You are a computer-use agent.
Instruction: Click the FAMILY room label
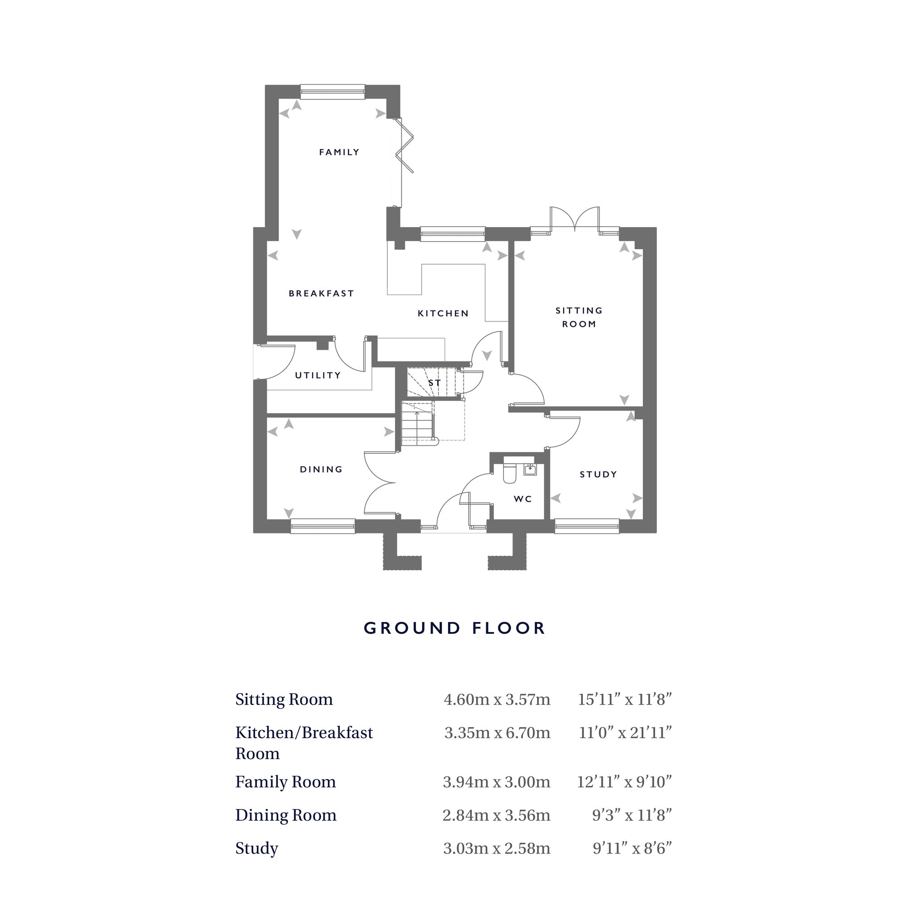[x=339, y=152]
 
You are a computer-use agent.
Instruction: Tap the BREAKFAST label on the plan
[x=321, y=293]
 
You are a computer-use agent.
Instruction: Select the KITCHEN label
[x=443, y=313]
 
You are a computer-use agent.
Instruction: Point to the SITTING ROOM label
[x=578, y=317]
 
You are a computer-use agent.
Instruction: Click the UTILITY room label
[x=318, y=375]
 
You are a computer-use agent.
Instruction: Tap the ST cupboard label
[x=434, y=383]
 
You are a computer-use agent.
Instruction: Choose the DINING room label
[x=321, y=469]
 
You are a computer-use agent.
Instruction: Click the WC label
[x=523, y=498]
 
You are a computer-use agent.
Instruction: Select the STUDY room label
[x=598, y=474]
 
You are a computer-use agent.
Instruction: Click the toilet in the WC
[x=509, y=473]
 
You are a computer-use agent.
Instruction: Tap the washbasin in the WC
[x=530, y=469]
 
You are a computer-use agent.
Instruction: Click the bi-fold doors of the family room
[x=405, y=146]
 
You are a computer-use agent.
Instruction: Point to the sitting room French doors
[x=575, y=219]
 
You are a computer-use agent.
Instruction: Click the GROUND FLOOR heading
[x=454, y=628]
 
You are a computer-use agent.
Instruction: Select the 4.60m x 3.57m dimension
[x=496, y=699]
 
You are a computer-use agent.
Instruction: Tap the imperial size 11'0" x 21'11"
[x=625, y=732]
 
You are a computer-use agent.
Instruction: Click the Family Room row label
[x=285, y=782]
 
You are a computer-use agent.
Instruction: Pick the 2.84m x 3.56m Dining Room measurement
[x=496, y=814]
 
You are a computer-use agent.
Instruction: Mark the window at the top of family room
[x=332, y=92]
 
